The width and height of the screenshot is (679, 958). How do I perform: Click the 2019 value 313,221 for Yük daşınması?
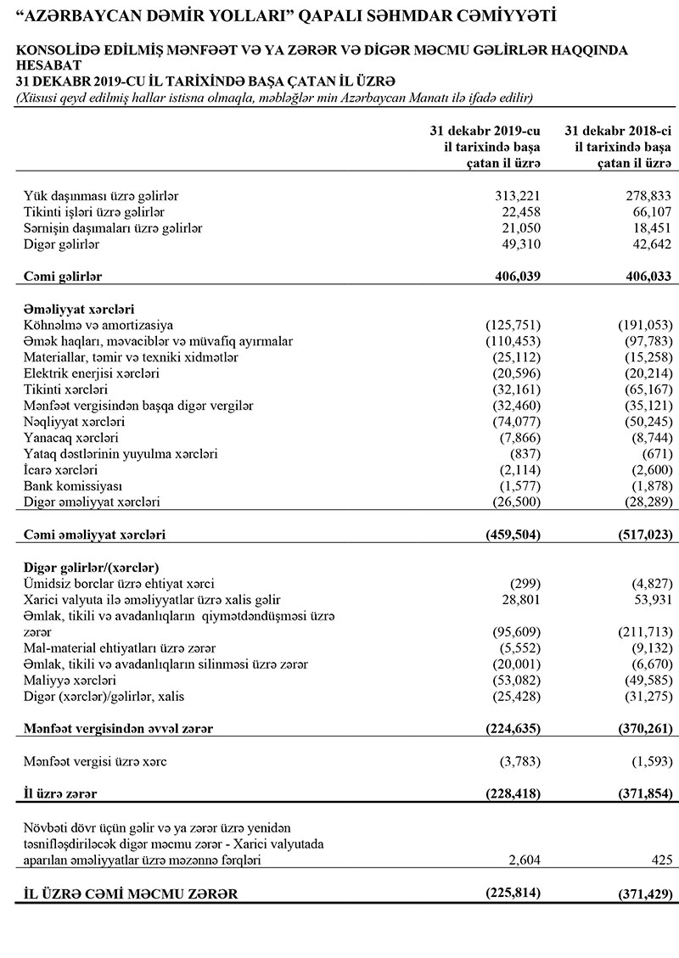pos(516,196)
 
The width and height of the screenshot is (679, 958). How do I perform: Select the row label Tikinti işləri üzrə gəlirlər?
pos(93,212)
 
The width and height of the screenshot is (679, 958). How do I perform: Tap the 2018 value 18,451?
pos(648,228)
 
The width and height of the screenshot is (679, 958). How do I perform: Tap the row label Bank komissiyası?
pos(73,486)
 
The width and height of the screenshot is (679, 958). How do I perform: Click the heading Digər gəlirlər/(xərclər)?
pos(93,567)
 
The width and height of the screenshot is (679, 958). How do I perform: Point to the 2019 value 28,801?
pos(519,599)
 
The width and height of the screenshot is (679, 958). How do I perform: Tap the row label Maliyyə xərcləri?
pos(70,681)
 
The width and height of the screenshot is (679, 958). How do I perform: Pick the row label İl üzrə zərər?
pos(60,794)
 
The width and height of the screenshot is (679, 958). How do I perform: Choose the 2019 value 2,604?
pos(522,860)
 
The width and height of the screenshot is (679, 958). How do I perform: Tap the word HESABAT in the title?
pos(49,64)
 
